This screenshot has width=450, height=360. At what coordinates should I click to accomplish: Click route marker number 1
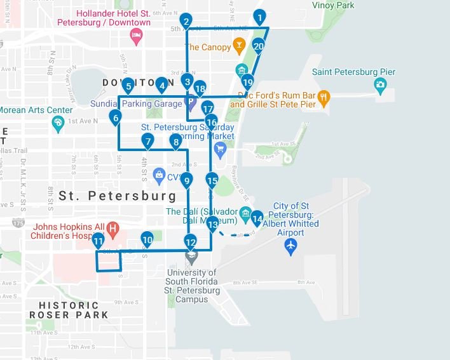point(259,17)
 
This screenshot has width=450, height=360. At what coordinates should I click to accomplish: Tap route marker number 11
point(98,240)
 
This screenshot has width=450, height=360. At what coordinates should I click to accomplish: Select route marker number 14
point(257,218)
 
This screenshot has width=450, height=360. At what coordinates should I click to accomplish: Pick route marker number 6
point(115,117)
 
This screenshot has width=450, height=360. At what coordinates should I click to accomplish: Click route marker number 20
point(258,46)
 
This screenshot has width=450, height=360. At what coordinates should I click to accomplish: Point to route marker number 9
point(186,181)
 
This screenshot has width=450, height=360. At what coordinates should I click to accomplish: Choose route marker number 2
point(186,21)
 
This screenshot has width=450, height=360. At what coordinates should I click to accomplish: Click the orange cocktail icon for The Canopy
point(238,46)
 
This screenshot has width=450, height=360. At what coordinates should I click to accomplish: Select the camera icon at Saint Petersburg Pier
point(380,84)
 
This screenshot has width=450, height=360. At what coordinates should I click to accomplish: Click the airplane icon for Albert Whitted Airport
point(292,245)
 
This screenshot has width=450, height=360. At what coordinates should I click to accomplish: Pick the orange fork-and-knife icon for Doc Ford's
point(324,98)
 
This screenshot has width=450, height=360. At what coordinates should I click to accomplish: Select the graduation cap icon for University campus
point(191,256)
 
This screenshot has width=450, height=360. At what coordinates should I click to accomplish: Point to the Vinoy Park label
point(333,5)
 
